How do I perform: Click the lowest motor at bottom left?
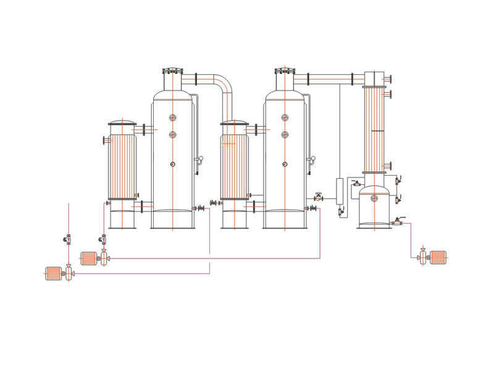click(54, 273)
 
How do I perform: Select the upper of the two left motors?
click(90, 258)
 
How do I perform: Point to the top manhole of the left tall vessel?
click(172, 73)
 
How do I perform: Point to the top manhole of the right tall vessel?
click(284, 73)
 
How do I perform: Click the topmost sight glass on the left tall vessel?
click(173, 117)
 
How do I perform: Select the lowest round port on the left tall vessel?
click(173, 164)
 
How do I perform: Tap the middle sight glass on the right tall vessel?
click(285, 134)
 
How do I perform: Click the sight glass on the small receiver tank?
click(374, 198)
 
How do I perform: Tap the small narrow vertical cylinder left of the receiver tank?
click(339, 191)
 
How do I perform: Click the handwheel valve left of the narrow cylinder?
click(319, 197)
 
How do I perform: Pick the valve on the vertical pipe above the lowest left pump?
click(68, 239)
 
